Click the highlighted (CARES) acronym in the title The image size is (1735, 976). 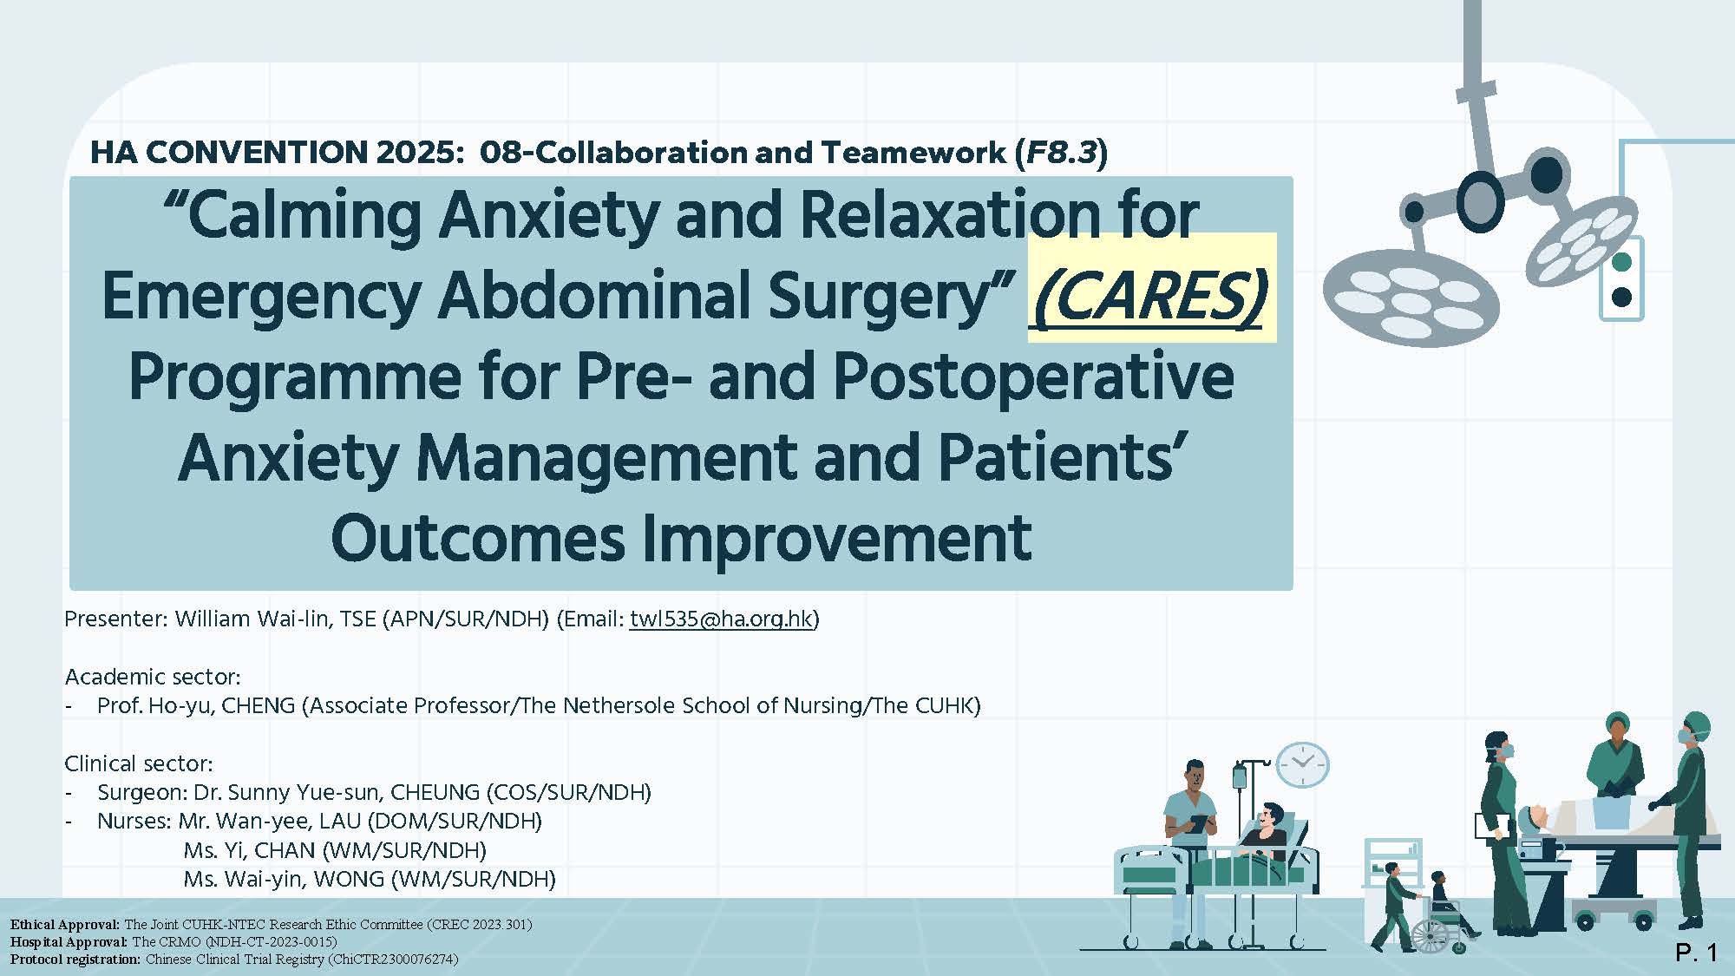[x=1150, y=296]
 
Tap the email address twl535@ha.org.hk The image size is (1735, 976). [x=721, y=619]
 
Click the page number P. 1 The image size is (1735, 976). [x=1696, y=953]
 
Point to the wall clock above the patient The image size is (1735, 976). [x=1302, y=764]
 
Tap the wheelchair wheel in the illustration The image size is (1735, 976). [x=1430, y=935]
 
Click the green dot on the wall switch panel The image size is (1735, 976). [x=1620, y=261]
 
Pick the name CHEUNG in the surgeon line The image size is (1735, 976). [x=435, y=792]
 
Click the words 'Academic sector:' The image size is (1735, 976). [x=153, y=677]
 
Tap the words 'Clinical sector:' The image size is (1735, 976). [x=139, y=763]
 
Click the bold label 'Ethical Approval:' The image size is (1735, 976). [x=65, y=925]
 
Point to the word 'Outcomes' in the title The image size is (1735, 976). [x=478, y=538]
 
